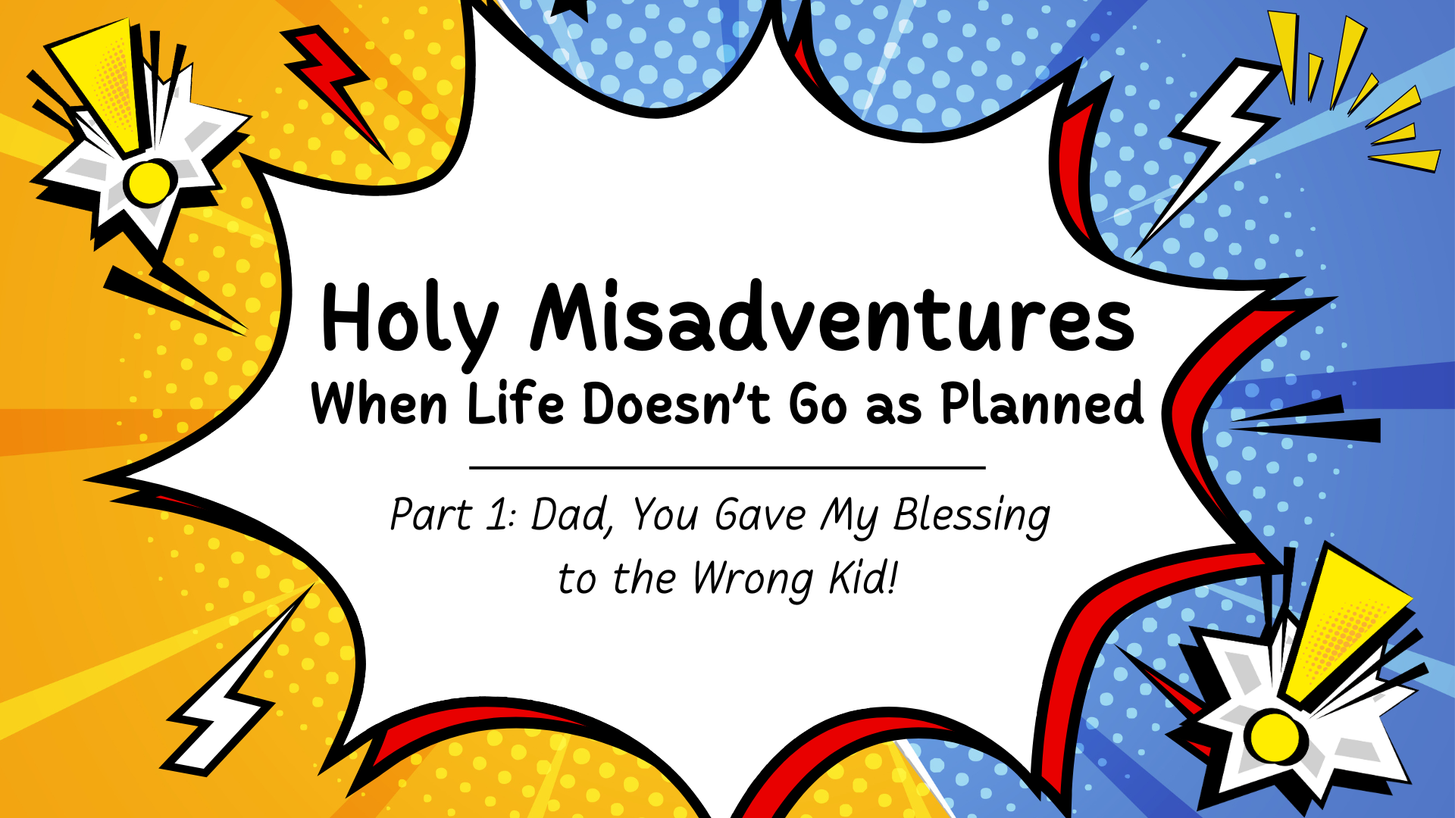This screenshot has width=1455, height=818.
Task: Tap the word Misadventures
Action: pyautogui.click(x=832, y=318)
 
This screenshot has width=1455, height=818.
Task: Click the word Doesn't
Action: pyautogui.click(x=676, y=404)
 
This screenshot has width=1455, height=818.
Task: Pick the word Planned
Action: pyautogui.click(x=1042, y=404)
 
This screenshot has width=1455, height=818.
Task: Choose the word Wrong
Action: pyautogui.click(x=752, y=580)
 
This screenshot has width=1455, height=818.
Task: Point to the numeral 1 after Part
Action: pyautogui.click(x=498, y=515)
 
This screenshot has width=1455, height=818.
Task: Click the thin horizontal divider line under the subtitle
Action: pyautogui.click(x=727, y=468)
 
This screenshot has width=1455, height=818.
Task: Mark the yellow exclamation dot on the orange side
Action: pyautogui.click(x=149, y=183)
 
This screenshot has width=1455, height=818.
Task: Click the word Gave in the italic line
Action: pyautogui.click(x=760, y=515)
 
